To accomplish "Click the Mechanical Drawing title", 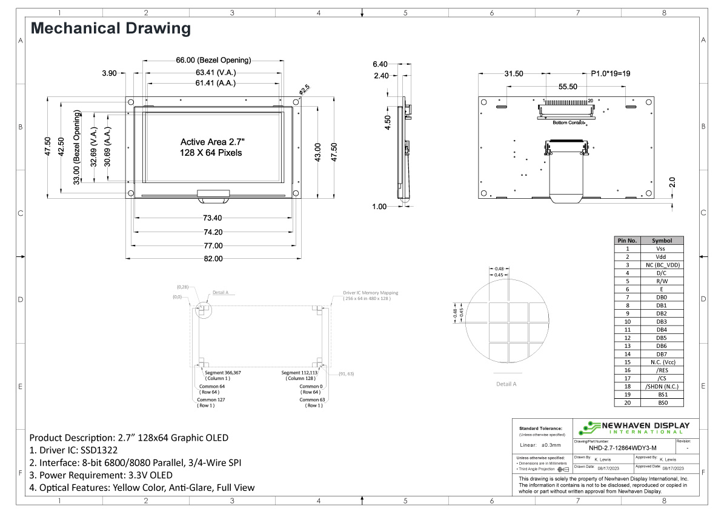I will tap(110, 28).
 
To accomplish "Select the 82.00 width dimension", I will tap(213, 258).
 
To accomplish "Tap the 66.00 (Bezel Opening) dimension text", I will tap(213, 60).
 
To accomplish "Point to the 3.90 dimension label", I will tap(109, 73).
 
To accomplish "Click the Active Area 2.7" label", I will tap(211, 141).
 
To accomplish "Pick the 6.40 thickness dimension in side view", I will tap(380, 64).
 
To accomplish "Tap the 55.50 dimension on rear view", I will tap(568, 87).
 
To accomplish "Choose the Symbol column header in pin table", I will tap(660, 241).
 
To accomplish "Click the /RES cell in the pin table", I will tap(660, 370).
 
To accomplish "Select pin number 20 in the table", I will tap(628, 402).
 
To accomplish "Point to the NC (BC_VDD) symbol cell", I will tap(660, 265).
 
